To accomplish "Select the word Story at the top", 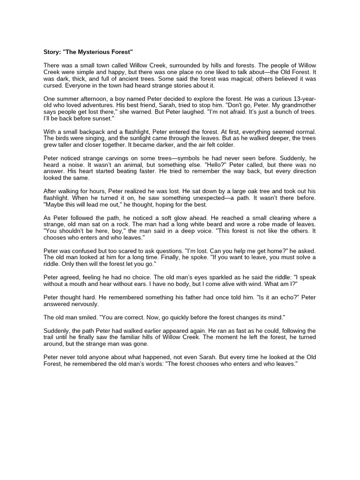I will click(x=52, y=51).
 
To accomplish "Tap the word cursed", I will click(x=54, y=86).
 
